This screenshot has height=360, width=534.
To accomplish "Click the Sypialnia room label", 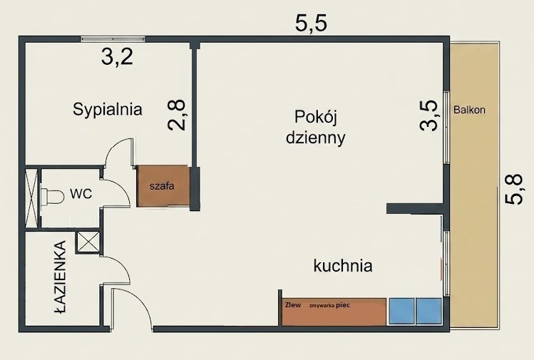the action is click(107, 110).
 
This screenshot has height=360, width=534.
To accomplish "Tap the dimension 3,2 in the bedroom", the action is click(117, 56).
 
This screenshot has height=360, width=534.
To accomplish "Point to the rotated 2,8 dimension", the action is click(177, 115).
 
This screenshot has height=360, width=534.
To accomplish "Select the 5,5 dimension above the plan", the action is click(311, 24).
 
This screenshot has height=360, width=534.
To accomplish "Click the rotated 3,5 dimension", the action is click(428, 115).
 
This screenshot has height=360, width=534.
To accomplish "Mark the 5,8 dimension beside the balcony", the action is click(513, 190).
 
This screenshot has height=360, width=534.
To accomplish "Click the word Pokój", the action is click(315, 118).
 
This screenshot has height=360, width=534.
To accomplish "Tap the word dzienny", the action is click(315, 138).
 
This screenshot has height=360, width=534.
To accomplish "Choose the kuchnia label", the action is click(343, 266).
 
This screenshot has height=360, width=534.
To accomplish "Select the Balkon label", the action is click(469, 110).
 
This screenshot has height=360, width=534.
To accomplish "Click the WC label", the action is click(81, 194).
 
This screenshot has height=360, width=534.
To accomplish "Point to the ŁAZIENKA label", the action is click(61, 277).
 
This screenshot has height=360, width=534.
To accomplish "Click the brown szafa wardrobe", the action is click(163, 186).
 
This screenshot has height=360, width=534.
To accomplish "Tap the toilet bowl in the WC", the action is click(52, 197).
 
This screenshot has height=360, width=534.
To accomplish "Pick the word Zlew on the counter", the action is click(293, 305).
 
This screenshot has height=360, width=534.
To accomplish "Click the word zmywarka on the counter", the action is click(322, 306).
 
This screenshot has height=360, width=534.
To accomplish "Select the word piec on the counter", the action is click(343, 305).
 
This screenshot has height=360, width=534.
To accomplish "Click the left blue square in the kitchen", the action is click(402, 312).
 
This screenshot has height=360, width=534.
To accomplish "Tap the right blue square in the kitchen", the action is click(429, 312).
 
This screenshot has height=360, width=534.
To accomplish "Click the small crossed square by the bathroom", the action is click(88, 242).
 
